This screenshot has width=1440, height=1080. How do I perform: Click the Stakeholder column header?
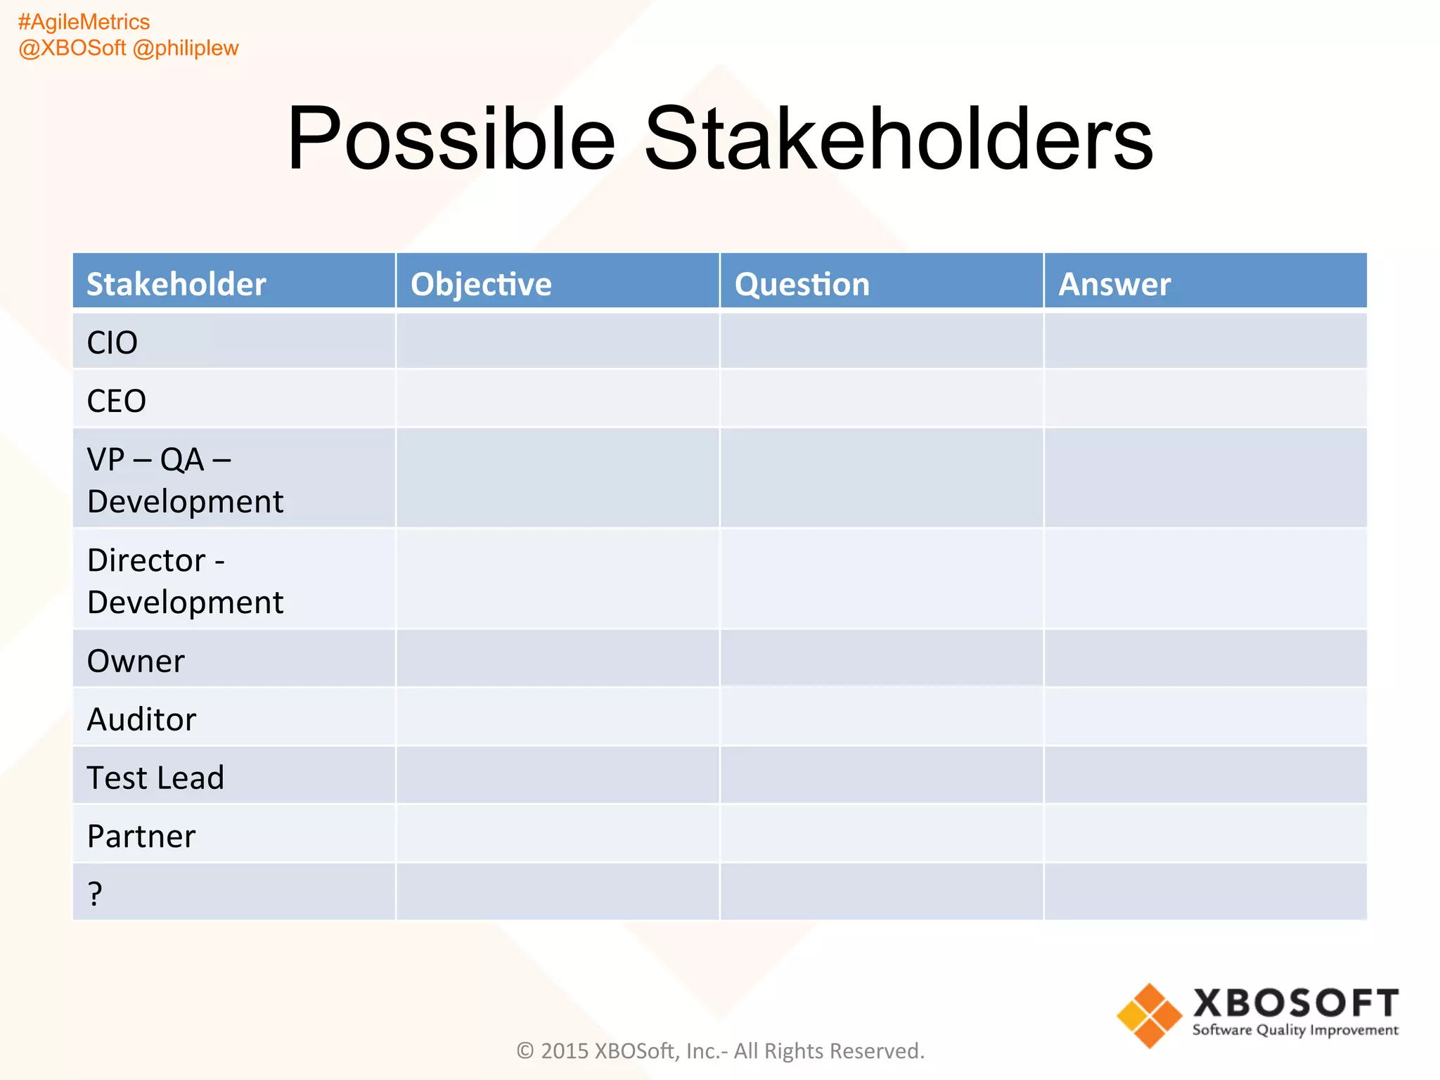pyautogui.click(x=176, y=284)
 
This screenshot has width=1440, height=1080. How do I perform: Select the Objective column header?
pyautogui.click(x=481, y=284)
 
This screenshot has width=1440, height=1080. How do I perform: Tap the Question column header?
pyautogui.click(x=802, y=284)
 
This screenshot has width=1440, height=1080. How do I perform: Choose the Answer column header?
pyautogui.click(x=1114, y=284)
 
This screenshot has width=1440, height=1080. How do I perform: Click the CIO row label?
pyautogui.click(x=112, y=342)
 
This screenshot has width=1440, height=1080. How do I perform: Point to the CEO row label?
pyautogui.click(x=117, y=401)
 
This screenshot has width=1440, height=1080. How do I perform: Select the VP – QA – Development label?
pyautogui.click(x=185, y=480)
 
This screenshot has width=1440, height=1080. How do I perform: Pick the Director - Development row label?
pyautogui.click(x=185, y=581)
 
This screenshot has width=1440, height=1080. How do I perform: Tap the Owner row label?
pyautogui.click(x=136, y=661)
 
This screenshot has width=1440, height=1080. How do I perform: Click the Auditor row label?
pyautogui.click(x=141, y=719)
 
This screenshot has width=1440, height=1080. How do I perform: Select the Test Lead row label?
pyautogui.click(x=155, y=778)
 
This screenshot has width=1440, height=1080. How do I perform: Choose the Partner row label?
pyautogui.click(x=141, y=836)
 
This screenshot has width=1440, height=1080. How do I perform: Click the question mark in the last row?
pyautogui.click(x=95, y=894)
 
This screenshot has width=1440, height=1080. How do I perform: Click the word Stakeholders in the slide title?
pyautogui.click(x=898, y=139)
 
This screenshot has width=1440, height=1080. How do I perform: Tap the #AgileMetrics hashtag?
pyautogui.click(x=84, y=22)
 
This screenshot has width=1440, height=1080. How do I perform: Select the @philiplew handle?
pyautogui.click(x=186, y=48)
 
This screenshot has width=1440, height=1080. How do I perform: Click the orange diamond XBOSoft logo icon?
pyautogui.click(x=1150, y=1015)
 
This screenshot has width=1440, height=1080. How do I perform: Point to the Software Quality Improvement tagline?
pyautogui.click(x=1295, y=1030)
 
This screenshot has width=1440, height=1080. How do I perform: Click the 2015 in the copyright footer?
pyautogui.click(x=565, y=1050)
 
